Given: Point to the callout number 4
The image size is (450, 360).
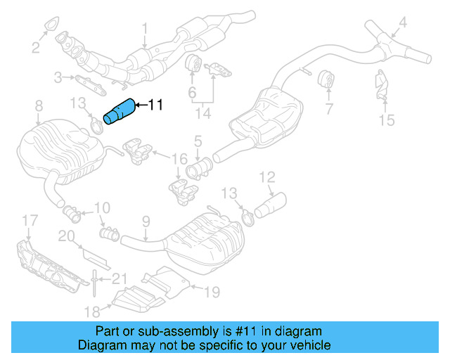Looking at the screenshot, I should coord(403,25).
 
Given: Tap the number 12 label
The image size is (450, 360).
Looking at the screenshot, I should coord(267,176).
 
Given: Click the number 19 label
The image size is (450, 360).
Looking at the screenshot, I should coord(212,289).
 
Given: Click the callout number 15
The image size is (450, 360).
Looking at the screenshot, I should coord(387,120).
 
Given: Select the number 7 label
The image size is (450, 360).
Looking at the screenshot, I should coord(328,109).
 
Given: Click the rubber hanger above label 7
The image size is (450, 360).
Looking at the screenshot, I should coord(326,80).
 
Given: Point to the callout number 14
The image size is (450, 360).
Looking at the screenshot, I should coord(203,111).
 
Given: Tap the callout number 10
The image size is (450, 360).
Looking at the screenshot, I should coord(102,207).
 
